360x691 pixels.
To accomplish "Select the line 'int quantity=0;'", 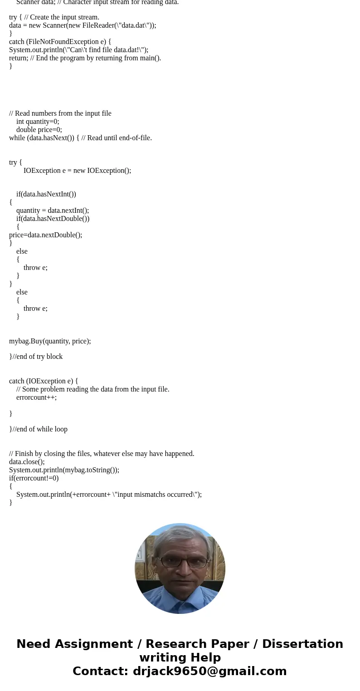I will point(38,122).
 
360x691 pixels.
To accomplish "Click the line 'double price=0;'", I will point(39,130).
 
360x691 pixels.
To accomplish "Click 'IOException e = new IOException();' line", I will point(77,171).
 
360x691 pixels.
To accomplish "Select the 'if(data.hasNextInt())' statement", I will point(46,194).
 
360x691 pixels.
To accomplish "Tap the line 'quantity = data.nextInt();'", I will point(53,211).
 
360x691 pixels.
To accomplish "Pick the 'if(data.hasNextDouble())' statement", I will point(53,219).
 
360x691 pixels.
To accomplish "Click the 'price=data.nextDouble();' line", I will point(45,235).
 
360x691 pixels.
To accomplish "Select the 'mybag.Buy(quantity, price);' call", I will point(50,341).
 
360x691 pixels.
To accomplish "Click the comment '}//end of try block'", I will point(36,357).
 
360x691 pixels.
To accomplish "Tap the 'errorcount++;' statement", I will point(36,397).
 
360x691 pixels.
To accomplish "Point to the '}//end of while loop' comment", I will point(38,429).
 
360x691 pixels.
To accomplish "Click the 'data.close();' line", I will point(27,462).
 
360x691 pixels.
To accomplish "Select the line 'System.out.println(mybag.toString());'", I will point(64,470).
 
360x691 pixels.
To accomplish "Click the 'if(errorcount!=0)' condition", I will point(34,478).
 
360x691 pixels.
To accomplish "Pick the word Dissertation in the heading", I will point(302,644).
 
